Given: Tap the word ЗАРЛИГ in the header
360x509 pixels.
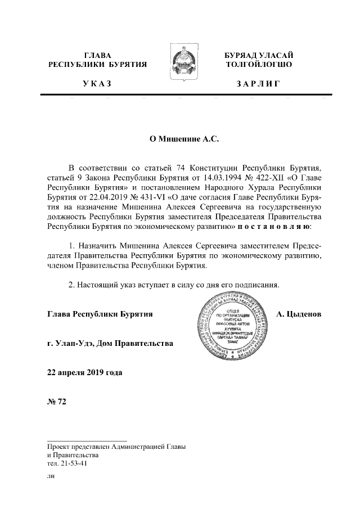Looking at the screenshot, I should [258, 84].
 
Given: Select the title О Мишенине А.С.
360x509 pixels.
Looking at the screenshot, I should [179, 138].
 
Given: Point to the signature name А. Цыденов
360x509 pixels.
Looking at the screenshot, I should [299, 313].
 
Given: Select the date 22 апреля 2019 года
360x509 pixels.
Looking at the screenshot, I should [84, 372].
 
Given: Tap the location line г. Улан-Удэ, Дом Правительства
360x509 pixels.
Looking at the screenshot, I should [110, 343].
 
